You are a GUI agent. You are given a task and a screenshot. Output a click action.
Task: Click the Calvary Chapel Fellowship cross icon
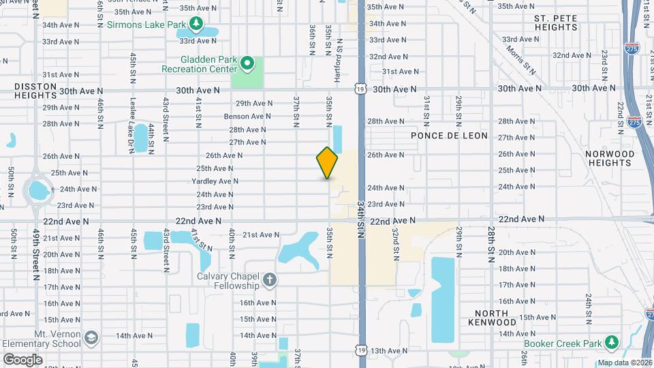[x=270, y=280]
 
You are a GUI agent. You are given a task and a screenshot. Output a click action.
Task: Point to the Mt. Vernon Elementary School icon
[x=91, y=337]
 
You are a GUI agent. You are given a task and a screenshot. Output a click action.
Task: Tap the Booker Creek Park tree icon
[x=612, y=341]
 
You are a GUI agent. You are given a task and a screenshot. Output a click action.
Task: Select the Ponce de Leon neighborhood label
[x=450, y=136]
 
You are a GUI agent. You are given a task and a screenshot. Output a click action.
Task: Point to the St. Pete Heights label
[x=556, y=22]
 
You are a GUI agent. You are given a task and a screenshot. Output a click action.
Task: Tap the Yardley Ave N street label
[x=215, y=181]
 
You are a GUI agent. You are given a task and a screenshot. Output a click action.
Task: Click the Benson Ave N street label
[x=247, y=117]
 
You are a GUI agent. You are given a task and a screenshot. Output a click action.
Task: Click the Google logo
[x=22, y=359]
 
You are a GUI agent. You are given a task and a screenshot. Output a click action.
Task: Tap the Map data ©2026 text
[x=624, y=363]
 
